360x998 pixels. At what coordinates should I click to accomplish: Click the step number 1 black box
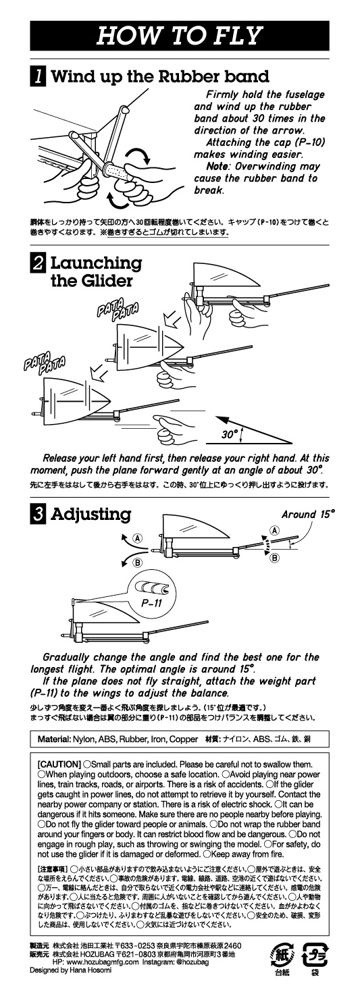(x=37, y=76)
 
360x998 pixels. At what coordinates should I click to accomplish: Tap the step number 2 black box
(x=37, y=263)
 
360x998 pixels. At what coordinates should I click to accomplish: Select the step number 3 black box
(x=37, y=514)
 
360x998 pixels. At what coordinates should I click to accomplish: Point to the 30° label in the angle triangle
(x=230, y=434)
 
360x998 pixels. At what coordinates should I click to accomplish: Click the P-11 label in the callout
(x=151, y=604)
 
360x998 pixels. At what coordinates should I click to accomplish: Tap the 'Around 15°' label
(x=307, y=514)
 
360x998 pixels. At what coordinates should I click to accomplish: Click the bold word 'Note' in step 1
(x=218, y=166)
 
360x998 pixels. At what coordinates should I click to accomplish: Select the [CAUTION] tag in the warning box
(x=59, y=764)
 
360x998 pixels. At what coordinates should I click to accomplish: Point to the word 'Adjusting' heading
(x=91, y=514)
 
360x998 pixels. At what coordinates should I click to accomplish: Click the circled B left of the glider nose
(x=138, y=562)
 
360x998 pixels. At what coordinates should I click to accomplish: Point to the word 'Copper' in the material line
(x=184, y=739)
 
